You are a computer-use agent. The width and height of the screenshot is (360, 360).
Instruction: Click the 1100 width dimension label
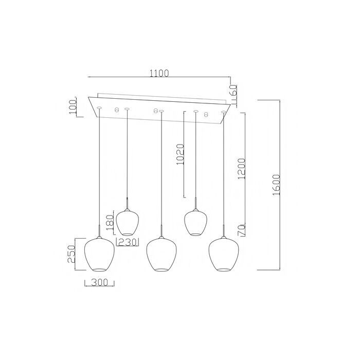click(x=159, y=73)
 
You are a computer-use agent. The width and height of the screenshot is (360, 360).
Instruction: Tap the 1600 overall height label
click(x=276, y=185)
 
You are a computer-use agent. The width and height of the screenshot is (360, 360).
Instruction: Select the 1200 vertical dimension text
click(x=242, y=169)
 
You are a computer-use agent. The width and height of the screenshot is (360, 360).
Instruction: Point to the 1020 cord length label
click(x=181, y=154)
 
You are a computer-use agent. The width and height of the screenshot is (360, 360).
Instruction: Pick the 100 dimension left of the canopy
click(x=73, y=107)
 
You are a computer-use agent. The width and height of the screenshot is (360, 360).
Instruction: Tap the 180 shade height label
click(x=110, y=223)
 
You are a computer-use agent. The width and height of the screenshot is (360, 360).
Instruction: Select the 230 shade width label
click(x=128, y=242)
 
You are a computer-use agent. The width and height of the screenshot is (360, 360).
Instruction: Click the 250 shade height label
click(x=71, y=254)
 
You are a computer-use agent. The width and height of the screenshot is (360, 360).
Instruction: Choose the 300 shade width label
click(x=99, y=282)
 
